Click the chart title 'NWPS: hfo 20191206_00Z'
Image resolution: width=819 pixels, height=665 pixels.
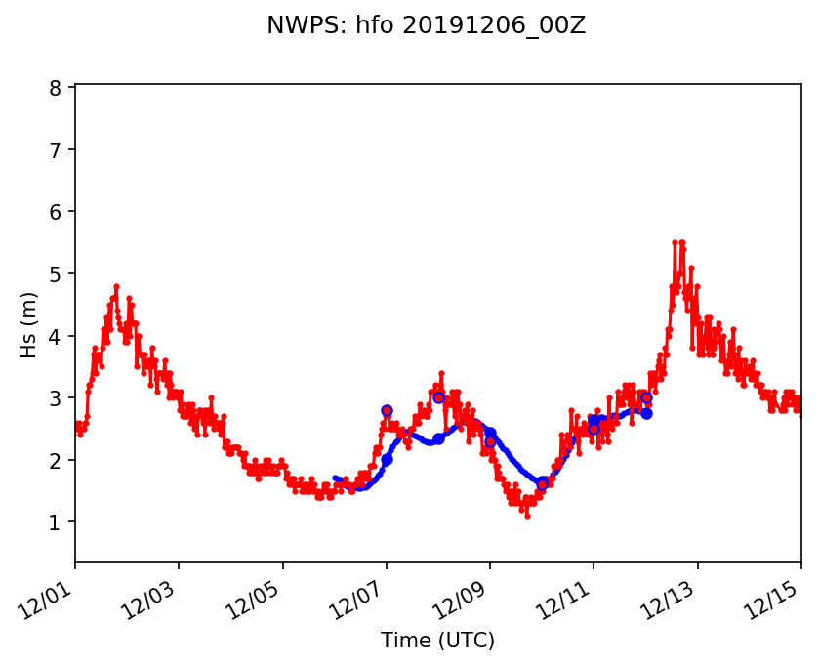[426, 26]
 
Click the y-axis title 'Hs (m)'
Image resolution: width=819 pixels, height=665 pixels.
[29, 324]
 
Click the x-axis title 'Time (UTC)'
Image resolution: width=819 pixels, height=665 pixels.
[438, 641]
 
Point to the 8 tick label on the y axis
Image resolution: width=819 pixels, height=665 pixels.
[56, 88]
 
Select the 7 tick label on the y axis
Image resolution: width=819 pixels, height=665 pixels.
[56, 150]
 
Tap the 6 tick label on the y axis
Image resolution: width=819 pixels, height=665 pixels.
[56, 212]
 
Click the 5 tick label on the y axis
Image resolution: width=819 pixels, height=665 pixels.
[56, 274]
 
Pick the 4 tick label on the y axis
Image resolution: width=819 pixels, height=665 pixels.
[56, 336]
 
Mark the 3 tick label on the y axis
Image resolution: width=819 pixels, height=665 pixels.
[56, 398]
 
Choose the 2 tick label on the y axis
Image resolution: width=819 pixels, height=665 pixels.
[56, 460]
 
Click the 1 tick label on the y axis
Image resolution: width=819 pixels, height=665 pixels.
[56, 522]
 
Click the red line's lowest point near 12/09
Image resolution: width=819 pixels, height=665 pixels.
[527, 516]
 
